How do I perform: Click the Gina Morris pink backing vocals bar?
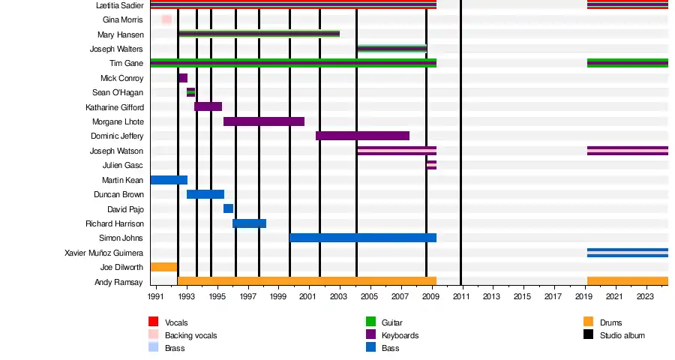point(166,19)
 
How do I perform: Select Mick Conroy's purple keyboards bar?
point(183,78)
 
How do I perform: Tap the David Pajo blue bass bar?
point(229,208)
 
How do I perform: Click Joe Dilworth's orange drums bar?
point(164,267)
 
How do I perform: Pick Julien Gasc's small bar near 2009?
point(432,165)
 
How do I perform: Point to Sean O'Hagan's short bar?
point(190,92)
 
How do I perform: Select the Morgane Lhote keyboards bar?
point(264,121)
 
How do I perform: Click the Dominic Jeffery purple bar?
point(362,136)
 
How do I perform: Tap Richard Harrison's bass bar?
point(249,223)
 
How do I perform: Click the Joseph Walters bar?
point(392,49)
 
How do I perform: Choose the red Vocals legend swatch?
point(153,322)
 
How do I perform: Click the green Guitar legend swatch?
point(370,322)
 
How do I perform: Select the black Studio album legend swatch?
point(589,334)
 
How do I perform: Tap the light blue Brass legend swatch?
point(153,347)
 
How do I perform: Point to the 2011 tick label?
point(461,296)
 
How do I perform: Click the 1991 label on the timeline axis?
point(155,296)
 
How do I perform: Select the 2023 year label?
point(645,296)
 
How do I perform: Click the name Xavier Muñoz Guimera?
point(103,253)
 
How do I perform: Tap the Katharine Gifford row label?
point(115,107)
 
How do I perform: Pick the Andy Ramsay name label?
point(118,282)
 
